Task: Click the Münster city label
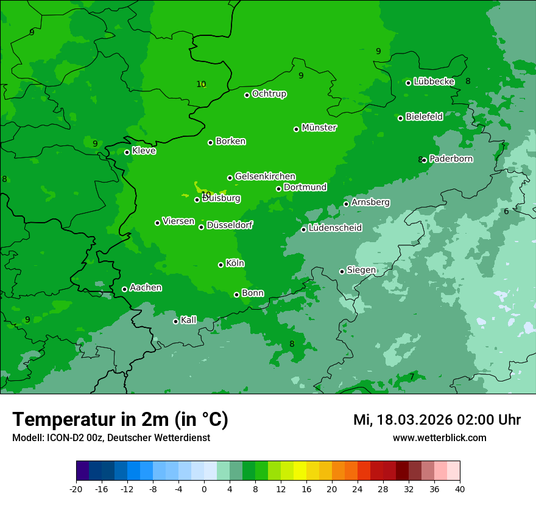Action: click(319, 128)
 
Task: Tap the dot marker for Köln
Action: click(220, 265)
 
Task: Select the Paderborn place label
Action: click(451, 159)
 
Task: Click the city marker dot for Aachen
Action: click(124, 289)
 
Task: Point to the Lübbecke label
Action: click(434, 82)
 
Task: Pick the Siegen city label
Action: click(361, 270)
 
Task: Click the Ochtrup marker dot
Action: click(247, 95)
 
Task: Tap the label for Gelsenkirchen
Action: click(265, 176)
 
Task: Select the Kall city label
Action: click(189, 320)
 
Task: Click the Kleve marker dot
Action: click(127, 152)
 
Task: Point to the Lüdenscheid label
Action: click(335, 228)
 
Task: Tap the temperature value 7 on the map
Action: click(412, 377)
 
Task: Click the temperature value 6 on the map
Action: click(506, 212)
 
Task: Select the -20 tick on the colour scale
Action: click(76, 489)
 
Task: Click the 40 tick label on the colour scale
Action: click(459, 489)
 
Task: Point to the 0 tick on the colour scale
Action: click(204, 489)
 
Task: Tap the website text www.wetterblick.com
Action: click(439, 437)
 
